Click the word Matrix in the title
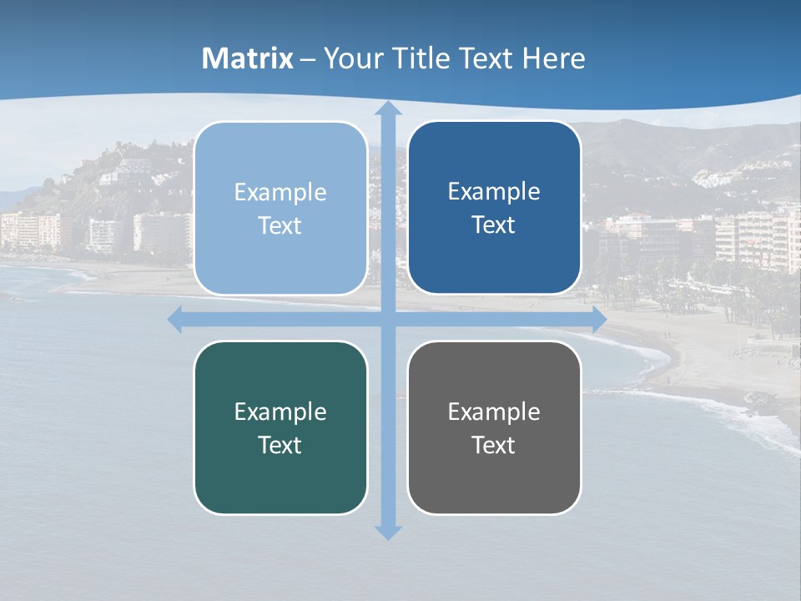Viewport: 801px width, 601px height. [x=248, y=58]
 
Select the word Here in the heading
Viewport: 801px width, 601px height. [x=553, y=58]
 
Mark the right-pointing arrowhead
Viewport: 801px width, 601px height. [x=598, y=320]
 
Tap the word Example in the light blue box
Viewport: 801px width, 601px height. [x=280, y=193]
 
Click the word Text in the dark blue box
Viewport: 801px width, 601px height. [x=494, y=225]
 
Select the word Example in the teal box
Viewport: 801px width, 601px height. [x=280, y=412]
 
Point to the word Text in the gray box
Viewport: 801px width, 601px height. [x=494, y=446]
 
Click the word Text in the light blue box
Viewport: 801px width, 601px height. [x=280, y=226]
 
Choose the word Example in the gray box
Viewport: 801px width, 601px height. [x=494, y=412]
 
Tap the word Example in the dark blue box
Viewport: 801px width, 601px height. [x=494, y=192]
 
